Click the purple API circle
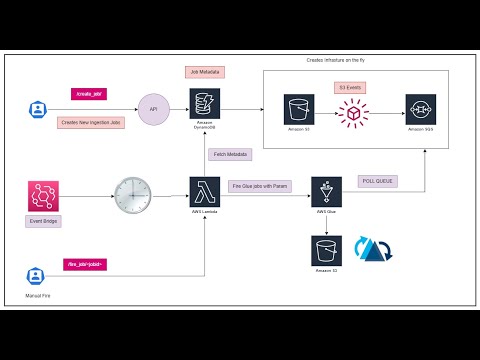154,108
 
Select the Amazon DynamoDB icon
204,104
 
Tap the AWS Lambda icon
204,189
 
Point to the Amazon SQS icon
421,109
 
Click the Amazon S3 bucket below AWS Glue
323,250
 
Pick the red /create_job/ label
88,93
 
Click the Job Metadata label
205,72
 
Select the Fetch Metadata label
231,154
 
